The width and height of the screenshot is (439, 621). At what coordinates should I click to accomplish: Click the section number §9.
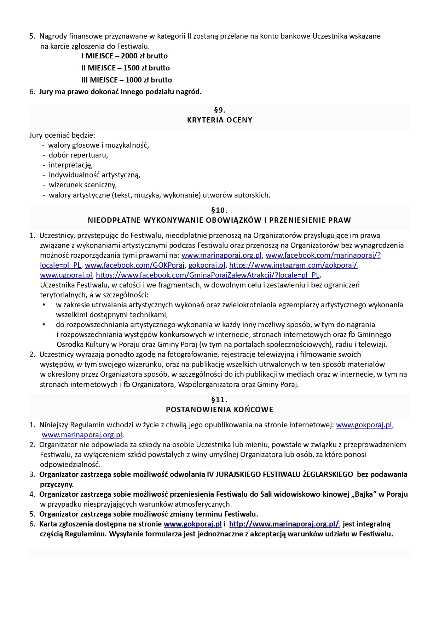point(220,110)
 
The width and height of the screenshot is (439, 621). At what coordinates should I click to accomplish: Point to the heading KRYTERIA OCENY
point(220,120)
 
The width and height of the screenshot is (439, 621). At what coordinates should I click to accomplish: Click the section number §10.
point(220,210)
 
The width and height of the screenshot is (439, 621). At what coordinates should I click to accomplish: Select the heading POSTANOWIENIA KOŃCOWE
point(220,410)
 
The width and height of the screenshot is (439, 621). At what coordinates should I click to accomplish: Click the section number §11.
point(220,400)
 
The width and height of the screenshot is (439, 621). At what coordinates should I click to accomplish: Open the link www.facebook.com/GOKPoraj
point(135,265)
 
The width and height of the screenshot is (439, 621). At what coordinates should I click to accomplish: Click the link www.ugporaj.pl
point(66,275)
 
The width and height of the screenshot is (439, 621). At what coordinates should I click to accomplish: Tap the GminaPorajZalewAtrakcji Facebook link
point(208,275)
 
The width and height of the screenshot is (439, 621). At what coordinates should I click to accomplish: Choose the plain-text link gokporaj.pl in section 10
point(207,265)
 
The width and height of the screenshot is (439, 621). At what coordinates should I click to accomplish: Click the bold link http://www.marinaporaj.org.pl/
point(284,524)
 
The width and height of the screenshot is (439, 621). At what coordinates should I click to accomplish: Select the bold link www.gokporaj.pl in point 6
point(193,524)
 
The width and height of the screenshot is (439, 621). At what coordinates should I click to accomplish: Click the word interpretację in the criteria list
point(71,165)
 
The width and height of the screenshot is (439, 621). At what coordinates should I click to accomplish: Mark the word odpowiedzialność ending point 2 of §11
point(70,465)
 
